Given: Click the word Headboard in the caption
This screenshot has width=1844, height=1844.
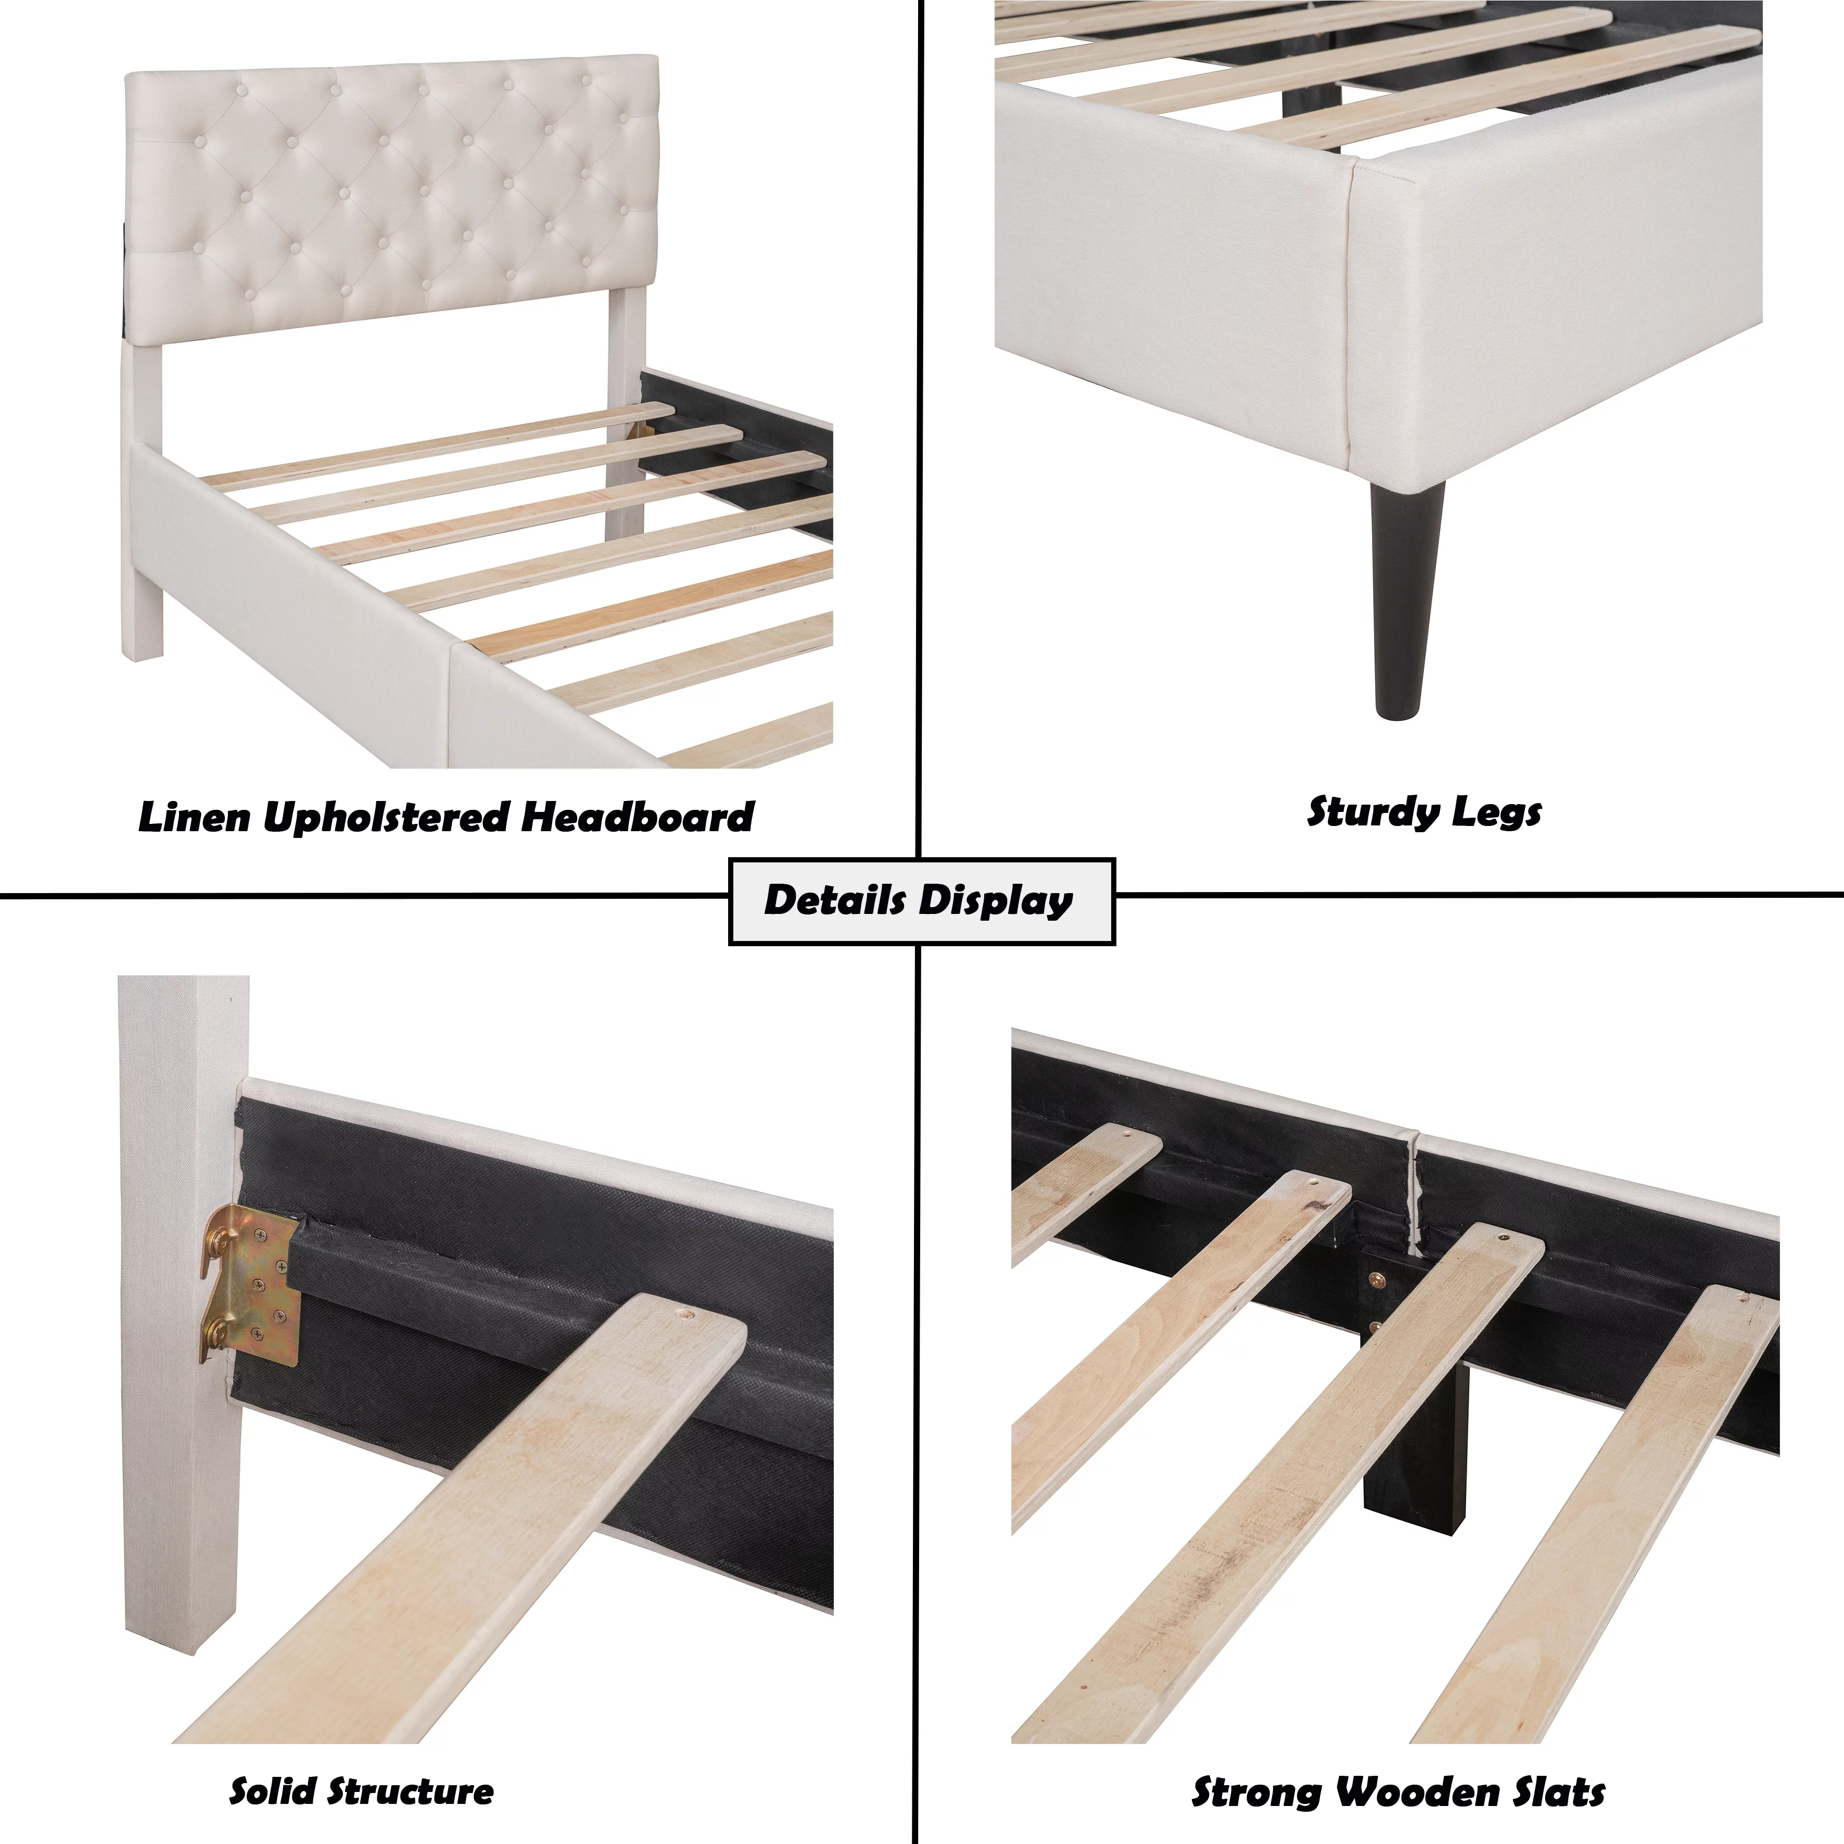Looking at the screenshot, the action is point(638,817).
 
